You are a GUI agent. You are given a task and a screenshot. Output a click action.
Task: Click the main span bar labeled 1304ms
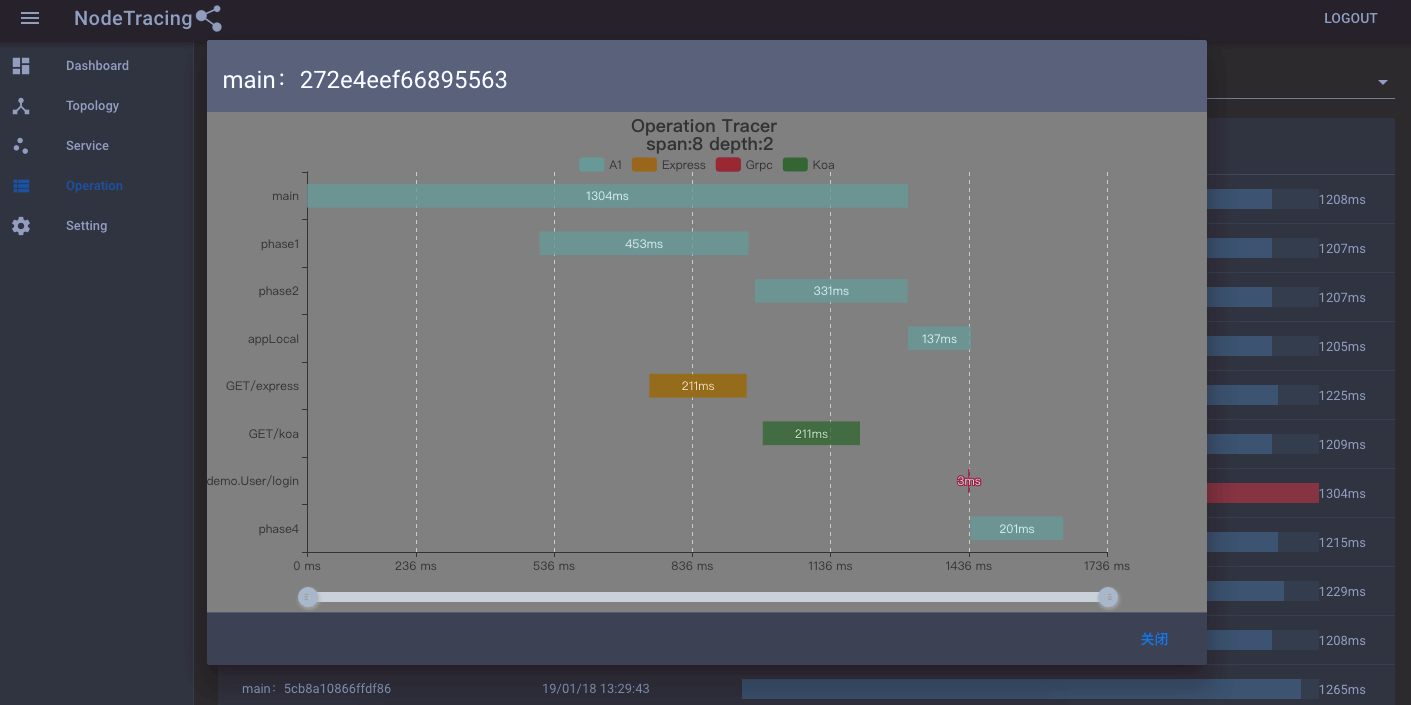click(x=607, y=196)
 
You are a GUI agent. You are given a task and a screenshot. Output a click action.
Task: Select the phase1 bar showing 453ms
click(x=643, y=243)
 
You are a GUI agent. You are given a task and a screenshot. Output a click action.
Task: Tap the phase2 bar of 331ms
click(x=831, y=291)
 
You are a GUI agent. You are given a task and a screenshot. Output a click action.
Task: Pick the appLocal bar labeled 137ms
click(x=939, y=339)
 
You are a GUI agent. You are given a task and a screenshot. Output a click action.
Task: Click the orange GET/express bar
click(x=697, y=386)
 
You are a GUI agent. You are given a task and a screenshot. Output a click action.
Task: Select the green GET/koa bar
click(x=811, y=433)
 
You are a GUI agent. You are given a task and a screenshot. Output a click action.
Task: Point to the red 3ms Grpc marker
click(x=968, y=481)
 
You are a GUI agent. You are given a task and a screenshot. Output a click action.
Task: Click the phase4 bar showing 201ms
click(x=1016, y=528)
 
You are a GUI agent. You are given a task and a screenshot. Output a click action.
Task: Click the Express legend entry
click(x=669, y=165)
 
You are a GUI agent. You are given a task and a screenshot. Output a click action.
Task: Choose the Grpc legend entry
click(x=744, y=165)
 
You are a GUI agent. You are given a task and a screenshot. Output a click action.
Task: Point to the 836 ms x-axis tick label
click(x=692, y=566)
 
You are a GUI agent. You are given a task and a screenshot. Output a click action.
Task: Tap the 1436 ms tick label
click(x=968, y=566)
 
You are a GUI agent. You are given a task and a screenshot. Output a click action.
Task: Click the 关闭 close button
click(x=1154, y=639)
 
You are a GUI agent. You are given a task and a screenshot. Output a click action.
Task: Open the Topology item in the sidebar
click(x=92, y=106)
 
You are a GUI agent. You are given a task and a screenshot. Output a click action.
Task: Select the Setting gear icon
click(x=21, y=226)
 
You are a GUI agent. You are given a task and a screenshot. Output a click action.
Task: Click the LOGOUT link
click(x=1350, y=18)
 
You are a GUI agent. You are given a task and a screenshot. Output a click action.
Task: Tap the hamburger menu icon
click(x=30, y=18)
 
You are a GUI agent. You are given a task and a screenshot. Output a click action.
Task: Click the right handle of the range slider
click(x=1107, y=597)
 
